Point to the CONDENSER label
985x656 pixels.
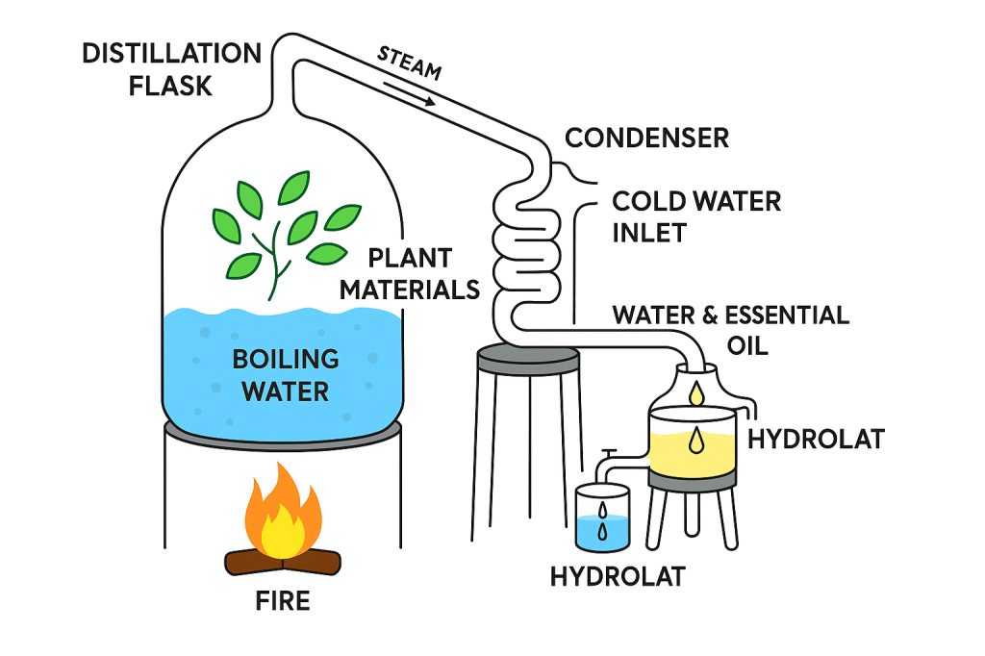click(646, 138)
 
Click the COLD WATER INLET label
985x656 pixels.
click(696, 216)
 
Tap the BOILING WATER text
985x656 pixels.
click(286, 375)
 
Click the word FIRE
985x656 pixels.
click(282, 602)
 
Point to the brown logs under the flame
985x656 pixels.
click(283, 560)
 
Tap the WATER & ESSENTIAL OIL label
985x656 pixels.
click(731, 329)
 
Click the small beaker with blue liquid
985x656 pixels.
click(602, 519)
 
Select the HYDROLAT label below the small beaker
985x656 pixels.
click(618, 576)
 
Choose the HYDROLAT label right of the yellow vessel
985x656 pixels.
click(816, 440)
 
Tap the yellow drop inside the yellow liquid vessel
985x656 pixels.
click(695, 441)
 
